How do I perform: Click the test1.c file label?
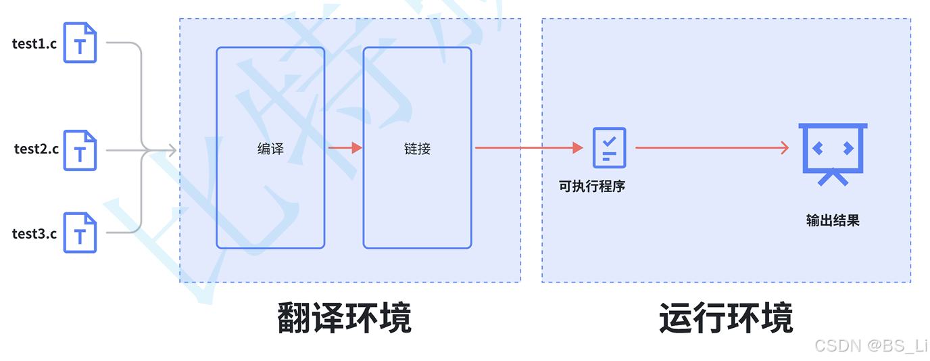click(x=34, y=43)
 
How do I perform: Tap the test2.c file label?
click(x=36, y=149)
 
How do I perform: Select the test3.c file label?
click(x=34, y=234)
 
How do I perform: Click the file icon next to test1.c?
click(x=80, y=42)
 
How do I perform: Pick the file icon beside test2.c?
click(x=80, y=150)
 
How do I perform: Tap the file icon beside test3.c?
click(x=80, y=233)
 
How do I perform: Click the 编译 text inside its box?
click(x=270, y=149)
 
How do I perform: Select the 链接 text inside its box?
click(x=417, y=149)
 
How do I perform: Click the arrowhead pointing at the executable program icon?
click(x=577, y=147)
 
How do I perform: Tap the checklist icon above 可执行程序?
click(x=609, y=147)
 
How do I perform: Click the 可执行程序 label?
click(x=592, y=186)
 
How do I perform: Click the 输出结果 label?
click(x=833, y=220)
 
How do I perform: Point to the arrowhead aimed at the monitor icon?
click(x=784, y=147)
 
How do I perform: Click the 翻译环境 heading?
click(x=345, y=318)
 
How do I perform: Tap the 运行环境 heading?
click(x=726, y=318)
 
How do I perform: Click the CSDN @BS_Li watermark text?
click(x=871, y=345)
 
